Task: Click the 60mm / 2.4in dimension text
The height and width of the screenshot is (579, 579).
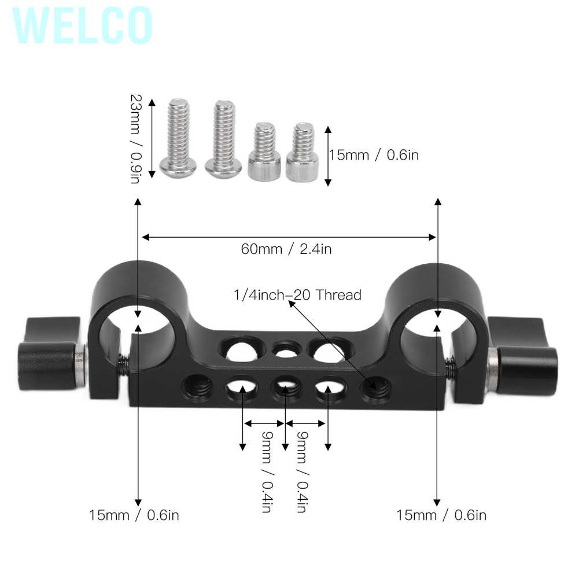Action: [286, 249]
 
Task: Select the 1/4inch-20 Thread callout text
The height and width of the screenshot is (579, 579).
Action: [297, 295]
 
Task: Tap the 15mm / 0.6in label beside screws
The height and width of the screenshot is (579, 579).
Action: [373, 155]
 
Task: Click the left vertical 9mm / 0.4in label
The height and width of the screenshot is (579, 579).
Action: [267, 472]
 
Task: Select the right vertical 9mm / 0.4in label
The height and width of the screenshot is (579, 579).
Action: [301, 472]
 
